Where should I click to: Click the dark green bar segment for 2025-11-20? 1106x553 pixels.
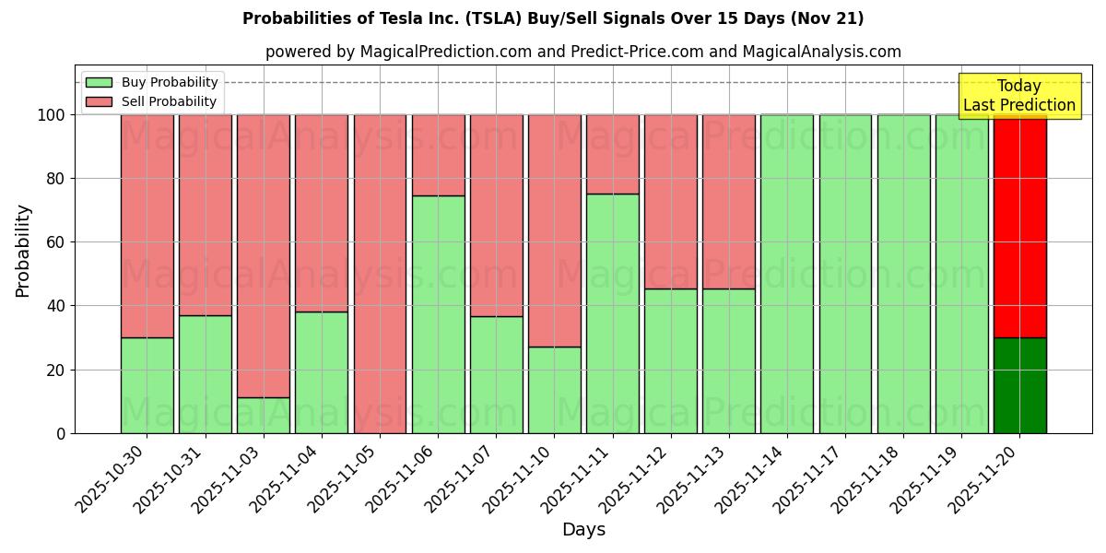pos(1019,385)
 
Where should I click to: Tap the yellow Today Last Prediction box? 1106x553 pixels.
pos(1018,96)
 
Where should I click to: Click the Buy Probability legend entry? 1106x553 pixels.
pos(152,82)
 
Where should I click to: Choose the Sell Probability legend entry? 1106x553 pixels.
pos(152,101)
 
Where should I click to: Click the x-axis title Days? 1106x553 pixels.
pos(583,530)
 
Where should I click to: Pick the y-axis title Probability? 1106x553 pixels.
pos(23,250)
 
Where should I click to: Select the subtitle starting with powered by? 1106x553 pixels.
pos(582,52)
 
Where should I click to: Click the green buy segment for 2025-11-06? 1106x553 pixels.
pos(438,314)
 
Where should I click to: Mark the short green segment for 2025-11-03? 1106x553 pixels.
pos(264,415)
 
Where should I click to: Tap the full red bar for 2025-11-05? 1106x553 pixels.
pos(380,274)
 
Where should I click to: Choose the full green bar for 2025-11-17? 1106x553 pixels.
pos(845,274)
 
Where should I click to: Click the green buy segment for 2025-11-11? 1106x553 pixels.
pos(613,313)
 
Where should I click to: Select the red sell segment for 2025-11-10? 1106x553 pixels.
pos(555,230)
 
